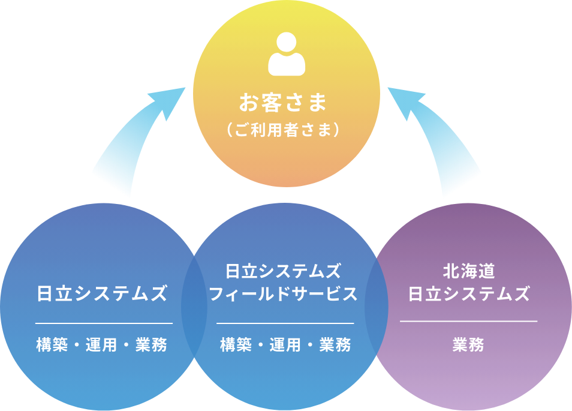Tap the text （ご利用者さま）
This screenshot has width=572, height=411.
[284, 130]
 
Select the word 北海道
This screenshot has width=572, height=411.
[468, 271]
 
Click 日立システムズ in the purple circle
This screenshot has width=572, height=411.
[469, 294]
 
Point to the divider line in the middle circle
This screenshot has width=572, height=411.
[285, 323]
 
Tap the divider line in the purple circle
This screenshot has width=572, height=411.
[468, 322]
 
